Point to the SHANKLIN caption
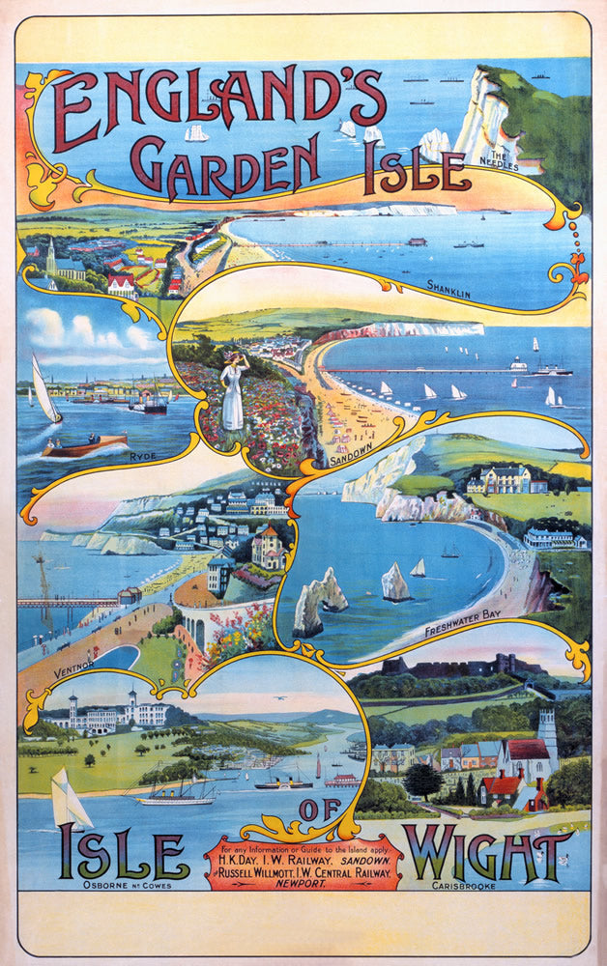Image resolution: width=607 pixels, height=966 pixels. coord(448,286)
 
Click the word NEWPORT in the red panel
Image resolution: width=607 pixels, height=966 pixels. coord(303,880)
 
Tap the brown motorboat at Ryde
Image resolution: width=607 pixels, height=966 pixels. coord(86,447)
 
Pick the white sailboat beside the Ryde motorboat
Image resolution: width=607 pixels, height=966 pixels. coord(44,390)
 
